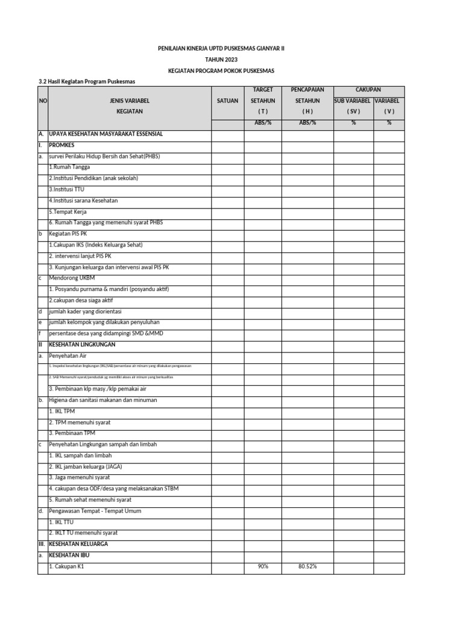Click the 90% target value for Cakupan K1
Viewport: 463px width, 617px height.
tap(263, 566)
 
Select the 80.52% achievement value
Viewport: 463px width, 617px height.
tap(307, 566)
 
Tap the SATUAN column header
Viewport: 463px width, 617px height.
tap(227, 101)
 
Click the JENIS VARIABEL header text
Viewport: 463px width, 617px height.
tap(129, 101)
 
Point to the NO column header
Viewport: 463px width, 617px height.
tap(42, 101)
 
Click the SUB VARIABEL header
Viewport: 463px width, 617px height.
tap(353, 101)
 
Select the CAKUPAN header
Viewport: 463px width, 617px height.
tap(368, 90)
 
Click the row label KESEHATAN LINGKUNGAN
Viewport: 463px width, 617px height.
tap(81, 345)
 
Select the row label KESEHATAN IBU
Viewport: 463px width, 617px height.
tap(71, 555)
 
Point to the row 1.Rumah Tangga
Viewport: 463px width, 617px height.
tap(69, 168)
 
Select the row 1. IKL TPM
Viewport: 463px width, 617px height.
tap(62, 411)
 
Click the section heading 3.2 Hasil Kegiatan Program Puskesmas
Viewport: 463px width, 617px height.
tap(87, 81)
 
